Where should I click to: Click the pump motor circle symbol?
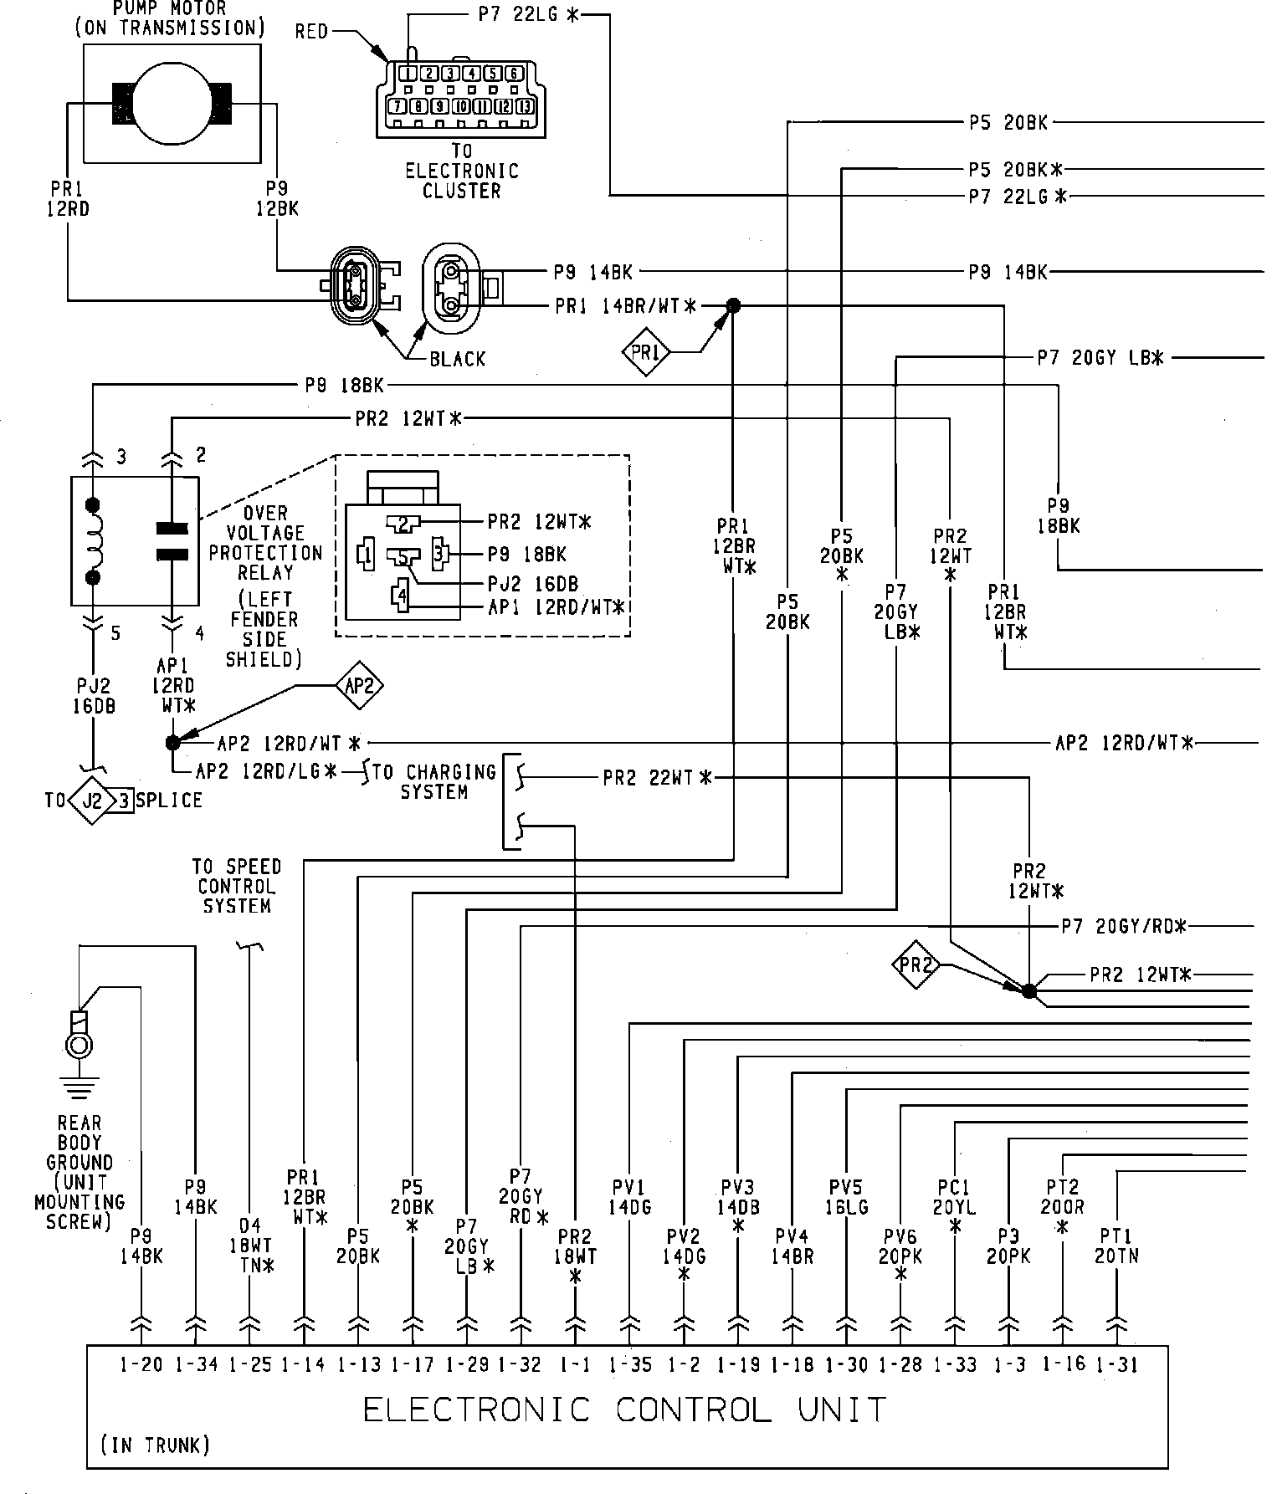172,102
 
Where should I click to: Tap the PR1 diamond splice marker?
646,353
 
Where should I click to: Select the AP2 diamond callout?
359,686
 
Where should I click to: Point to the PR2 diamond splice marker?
916,965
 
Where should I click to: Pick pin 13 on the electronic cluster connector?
526,105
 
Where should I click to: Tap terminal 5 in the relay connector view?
403,556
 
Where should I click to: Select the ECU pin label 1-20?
141,1364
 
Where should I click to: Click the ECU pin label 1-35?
630,1364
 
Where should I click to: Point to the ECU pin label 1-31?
1117,1364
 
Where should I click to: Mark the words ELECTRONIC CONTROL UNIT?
624,1410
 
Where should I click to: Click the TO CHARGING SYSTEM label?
433,780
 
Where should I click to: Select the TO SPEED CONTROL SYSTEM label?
237,886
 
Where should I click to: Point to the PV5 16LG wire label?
848,1196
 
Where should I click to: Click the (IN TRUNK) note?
155,1445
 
